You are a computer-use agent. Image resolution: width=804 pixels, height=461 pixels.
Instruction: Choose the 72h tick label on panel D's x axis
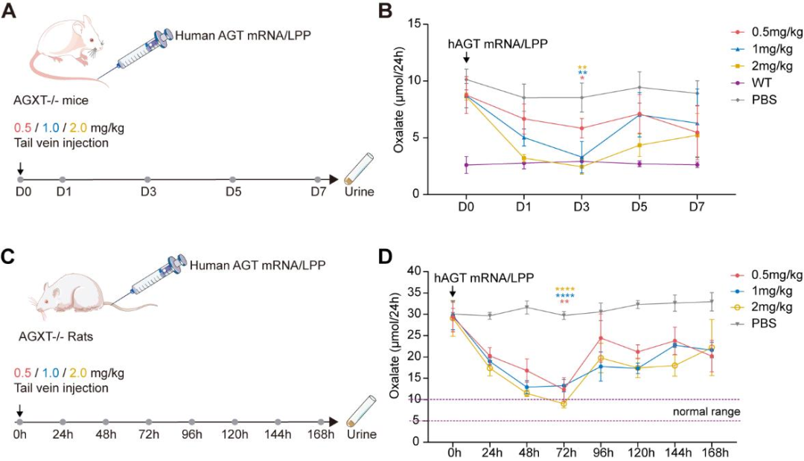point(563,452)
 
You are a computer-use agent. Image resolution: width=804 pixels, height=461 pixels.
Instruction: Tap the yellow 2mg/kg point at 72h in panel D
point(564,404)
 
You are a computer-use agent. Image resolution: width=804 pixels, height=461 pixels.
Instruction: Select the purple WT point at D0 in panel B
point(466,165)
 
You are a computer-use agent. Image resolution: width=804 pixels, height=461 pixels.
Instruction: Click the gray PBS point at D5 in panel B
point(639,87)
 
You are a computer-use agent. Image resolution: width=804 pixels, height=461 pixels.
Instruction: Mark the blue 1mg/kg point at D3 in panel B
point(581,157)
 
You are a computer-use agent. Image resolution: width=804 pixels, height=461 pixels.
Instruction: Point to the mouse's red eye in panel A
point(92,40)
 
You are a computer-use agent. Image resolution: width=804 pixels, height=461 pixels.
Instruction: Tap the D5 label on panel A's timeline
point(232,193)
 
